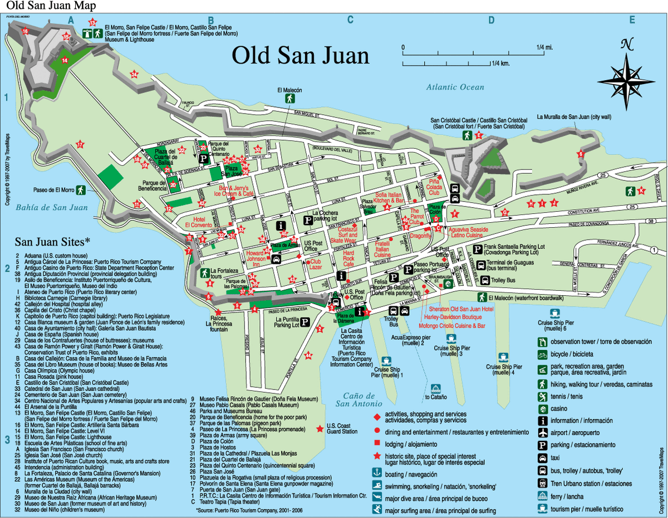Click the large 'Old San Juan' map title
[300, 56]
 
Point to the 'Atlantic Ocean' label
[455, 87]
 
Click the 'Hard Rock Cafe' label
[348, 258]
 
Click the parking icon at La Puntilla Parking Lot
[305, 322]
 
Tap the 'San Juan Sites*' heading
[52, 242]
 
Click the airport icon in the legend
[542, 433]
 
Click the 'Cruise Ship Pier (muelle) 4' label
[503, 369]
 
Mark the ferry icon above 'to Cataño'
[436, 388]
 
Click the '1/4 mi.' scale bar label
[544, 47]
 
